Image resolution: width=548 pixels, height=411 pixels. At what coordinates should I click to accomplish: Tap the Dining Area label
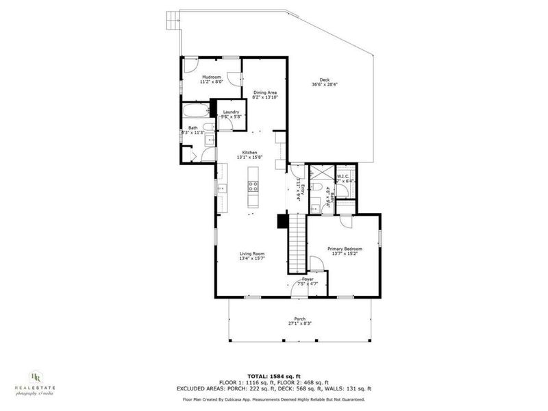[x=265, y=92]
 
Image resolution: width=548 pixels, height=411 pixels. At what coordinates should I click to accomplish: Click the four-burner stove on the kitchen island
[x=253, y=185]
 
